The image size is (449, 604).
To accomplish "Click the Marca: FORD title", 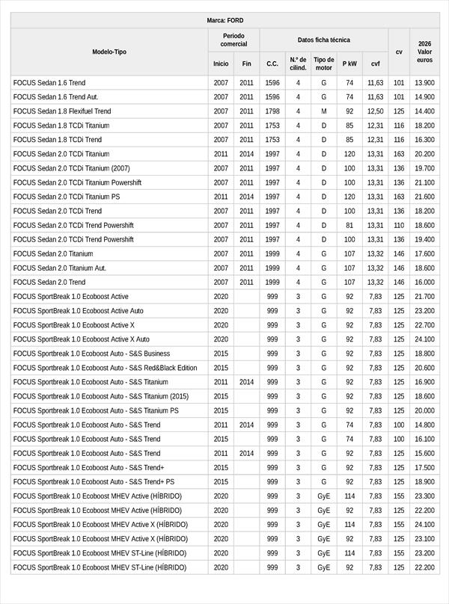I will (x=224, y=20).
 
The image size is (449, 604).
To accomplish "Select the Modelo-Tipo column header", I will (x=109, y=52).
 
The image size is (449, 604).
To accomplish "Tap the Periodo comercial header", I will (x=233, y=40).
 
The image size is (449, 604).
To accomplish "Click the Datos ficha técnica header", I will (x=323, y=40).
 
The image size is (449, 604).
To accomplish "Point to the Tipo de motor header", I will (x=324, y=64).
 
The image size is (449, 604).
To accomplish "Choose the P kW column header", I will (x=349, y=64).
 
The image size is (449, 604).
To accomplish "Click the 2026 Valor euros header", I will (x=424, y=52).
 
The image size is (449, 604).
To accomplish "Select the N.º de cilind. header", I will (x=298, y=64).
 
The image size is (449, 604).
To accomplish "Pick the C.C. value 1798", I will (x=272, y=111).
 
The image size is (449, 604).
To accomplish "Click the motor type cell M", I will (x=324, y=111).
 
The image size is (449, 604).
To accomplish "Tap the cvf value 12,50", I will (x=375, y=111).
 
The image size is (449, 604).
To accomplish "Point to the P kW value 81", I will (x=349, y=225).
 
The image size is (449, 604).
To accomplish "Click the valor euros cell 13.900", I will (x=424, y=83).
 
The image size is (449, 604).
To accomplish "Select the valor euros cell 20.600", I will (x=424, y=368).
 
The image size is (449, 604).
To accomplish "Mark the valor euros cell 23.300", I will (x=424, y=496).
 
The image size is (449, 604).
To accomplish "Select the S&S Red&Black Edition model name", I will (x=105, y=368).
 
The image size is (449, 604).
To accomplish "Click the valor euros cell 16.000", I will (x=424, y=283).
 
